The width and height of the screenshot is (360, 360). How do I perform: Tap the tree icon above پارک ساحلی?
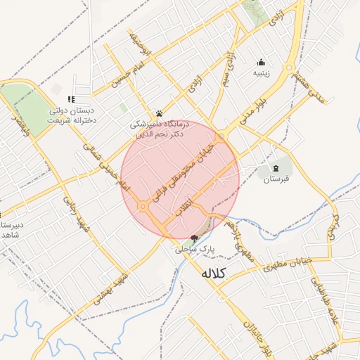tap(194, 238)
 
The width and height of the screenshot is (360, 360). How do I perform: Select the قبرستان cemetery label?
tap(276, 179)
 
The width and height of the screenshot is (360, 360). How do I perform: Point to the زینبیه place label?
tap(262, 72)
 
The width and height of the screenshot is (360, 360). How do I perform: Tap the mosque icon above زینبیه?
tap(262, 62)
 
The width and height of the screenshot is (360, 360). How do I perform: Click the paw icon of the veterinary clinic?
tap(160, 112)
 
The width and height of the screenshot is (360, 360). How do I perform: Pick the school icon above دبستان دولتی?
tap(70, 100)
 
